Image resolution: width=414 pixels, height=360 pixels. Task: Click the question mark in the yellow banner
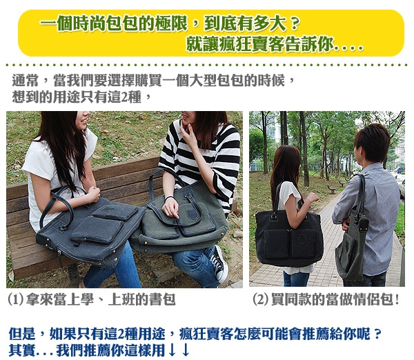coord(294,24)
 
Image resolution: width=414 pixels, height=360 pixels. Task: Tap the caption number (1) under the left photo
coord(16,300)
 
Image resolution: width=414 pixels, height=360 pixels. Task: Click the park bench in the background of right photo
coord(332,188)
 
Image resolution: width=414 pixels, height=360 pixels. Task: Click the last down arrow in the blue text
coord(186,350)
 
